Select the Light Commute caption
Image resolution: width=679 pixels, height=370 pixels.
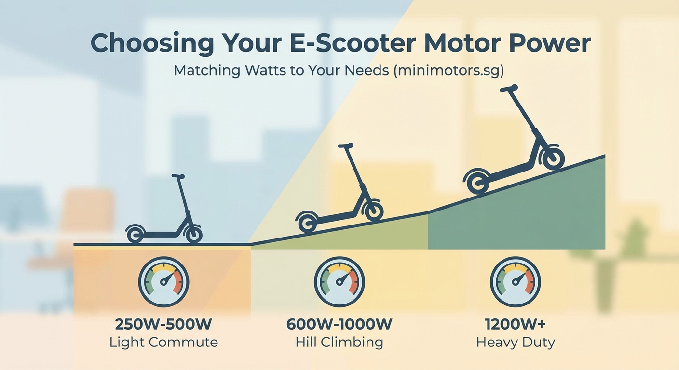tap(163, 343)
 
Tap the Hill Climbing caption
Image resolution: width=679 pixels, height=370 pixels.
tap(339, 343)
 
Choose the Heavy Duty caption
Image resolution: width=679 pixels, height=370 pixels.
tap(516, 343)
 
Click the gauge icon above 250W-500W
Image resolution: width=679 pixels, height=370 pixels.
tap(163, 282)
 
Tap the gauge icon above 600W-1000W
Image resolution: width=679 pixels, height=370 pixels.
tap(339, 282)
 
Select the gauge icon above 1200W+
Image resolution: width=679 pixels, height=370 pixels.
tap(516, 282)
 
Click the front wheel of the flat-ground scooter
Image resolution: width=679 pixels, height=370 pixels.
tap(193, 235)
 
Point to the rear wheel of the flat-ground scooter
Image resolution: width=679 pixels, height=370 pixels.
tap(135, 235)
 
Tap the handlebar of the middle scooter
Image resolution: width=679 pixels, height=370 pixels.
tap(345, 145)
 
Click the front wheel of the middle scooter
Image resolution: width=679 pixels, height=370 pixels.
tap(374, 211)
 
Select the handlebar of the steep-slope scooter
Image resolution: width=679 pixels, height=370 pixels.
tap(509, 88)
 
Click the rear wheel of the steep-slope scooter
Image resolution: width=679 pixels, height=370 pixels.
tap(477, 182)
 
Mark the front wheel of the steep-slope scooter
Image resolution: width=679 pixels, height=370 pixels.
tap(552, 158)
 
